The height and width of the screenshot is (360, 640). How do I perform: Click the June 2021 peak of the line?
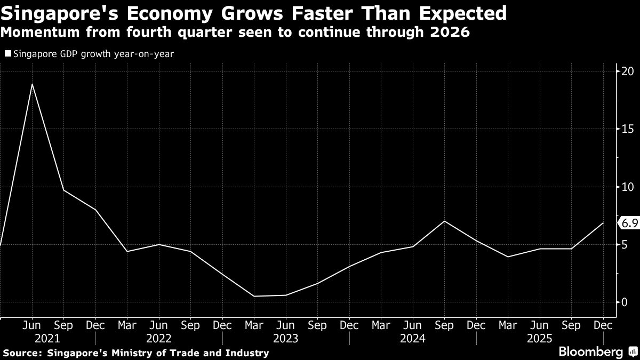pyautogui.click(x=33, y=84)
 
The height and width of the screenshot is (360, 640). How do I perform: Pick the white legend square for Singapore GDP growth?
pyautogui.click(x=8, y=54)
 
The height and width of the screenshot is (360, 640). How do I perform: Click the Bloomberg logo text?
pyautogui.click(x=590, y=351)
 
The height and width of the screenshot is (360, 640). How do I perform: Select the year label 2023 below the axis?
pyautogui.click(x=286, y=338)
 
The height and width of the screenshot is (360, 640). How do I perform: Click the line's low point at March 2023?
pyautogui.click(x=254, y=296)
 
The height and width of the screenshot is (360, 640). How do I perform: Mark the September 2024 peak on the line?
pyautogui.click(x=444, y=221)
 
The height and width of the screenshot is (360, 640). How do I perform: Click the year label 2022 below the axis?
pyautogui.click(x=159, y=338)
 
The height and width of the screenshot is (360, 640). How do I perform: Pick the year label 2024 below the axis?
pyautogui.click(x=413, y=338)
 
